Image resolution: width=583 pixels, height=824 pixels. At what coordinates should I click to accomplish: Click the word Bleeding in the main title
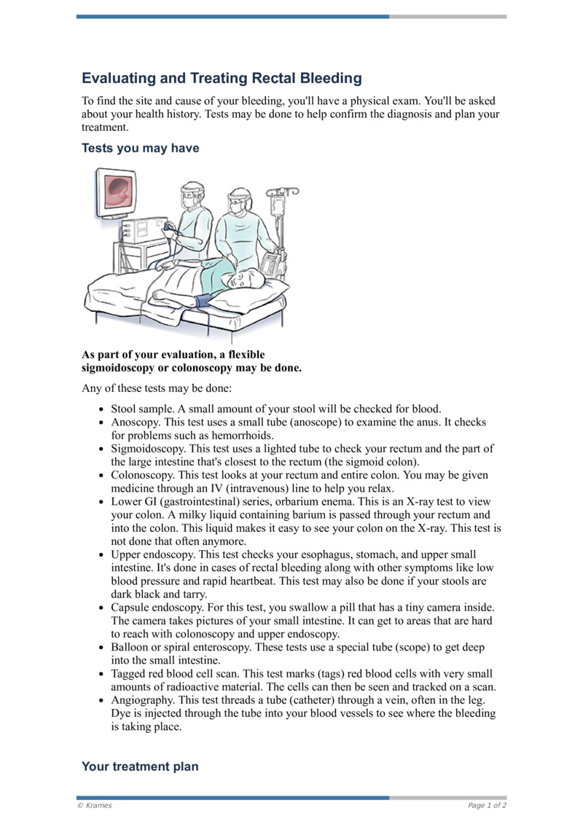(x=327, y=78)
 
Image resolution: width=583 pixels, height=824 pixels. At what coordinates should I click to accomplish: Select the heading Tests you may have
(x=140, y=148)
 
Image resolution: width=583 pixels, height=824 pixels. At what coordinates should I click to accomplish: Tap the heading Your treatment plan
(x=140, y=766)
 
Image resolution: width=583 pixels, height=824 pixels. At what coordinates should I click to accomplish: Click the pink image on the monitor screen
(x=118, y=191)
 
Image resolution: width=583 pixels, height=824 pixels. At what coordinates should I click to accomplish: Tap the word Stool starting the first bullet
(x=125, y=409)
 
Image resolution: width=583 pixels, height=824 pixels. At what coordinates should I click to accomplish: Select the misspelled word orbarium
(x=316, y=502)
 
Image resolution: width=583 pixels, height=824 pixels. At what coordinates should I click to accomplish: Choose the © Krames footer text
(x=95, y=805)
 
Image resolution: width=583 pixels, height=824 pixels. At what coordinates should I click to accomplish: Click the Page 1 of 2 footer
(x=487, y=805)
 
